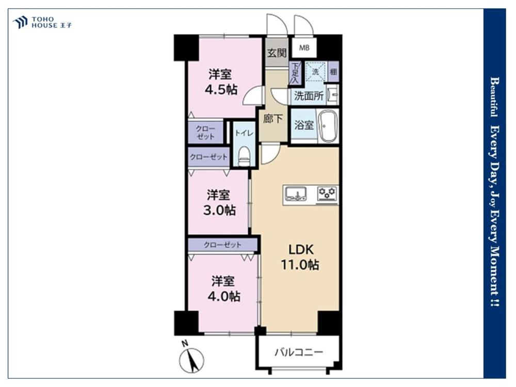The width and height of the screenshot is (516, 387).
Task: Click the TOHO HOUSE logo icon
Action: pos(20,22)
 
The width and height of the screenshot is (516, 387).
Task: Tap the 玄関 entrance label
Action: pos(277,53)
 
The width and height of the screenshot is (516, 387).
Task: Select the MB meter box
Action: pos(304,47)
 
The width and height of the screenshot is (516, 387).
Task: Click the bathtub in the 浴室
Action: pos(327,126)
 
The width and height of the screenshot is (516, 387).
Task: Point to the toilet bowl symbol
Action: pos(244,156)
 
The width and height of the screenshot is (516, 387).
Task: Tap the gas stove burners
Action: pos(327,193)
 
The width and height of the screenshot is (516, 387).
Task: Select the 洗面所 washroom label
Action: pos(309,96)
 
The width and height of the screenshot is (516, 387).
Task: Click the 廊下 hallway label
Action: pos(273,119)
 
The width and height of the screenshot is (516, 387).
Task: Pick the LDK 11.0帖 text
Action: pos(300,257)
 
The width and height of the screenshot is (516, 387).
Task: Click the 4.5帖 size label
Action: pos(221,90)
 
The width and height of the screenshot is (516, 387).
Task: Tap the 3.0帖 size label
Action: pos(219,210)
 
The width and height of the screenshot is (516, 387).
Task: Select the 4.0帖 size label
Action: pos(223,297)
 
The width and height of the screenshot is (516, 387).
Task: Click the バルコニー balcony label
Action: pos(299,352)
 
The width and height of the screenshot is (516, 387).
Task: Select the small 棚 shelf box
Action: pos(333,71)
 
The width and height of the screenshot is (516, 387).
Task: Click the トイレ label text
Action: pos(244,133)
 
